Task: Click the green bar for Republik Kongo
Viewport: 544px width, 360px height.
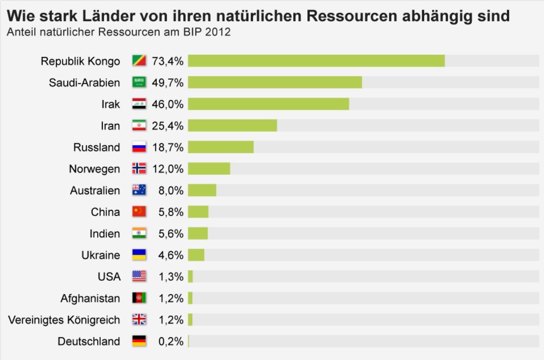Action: tap(316, 61)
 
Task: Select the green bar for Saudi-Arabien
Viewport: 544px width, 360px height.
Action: tap(275, 82)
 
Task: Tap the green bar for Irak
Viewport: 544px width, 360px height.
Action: tap(268, 104)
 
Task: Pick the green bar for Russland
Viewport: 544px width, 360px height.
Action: tap(221, 147)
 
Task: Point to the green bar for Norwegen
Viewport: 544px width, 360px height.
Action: tap(209, 169)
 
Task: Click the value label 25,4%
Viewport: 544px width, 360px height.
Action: tap(168, 126)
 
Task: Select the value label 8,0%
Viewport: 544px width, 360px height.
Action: tap(171, 191)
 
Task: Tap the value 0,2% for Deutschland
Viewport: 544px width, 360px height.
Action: tap(171, 342)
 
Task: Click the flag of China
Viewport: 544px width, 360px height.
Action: tap(139, 212)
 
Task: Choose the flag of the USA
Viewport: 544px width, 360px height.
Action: tap(139, 277)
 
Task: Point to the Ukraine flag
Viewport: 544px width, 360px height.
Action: tap(139, 255)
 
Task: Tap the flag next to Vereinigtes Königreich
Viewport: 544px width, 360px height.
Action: tap(139, 320)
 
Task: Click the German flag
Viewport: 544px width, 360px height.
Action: tap(139, 342)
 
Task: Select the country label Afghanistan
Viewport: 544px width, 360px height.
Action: tap(90, 299)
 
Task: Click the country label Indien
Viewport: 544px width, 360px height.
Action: tap(105, 233)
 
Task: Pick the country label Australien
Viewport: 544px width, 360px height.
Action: tap(95, 191)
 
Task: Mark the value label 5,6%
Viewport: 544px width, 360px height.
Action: tap(171, 233)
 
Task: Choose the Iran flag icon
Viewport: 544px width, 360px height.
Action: tap(139, 126)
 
